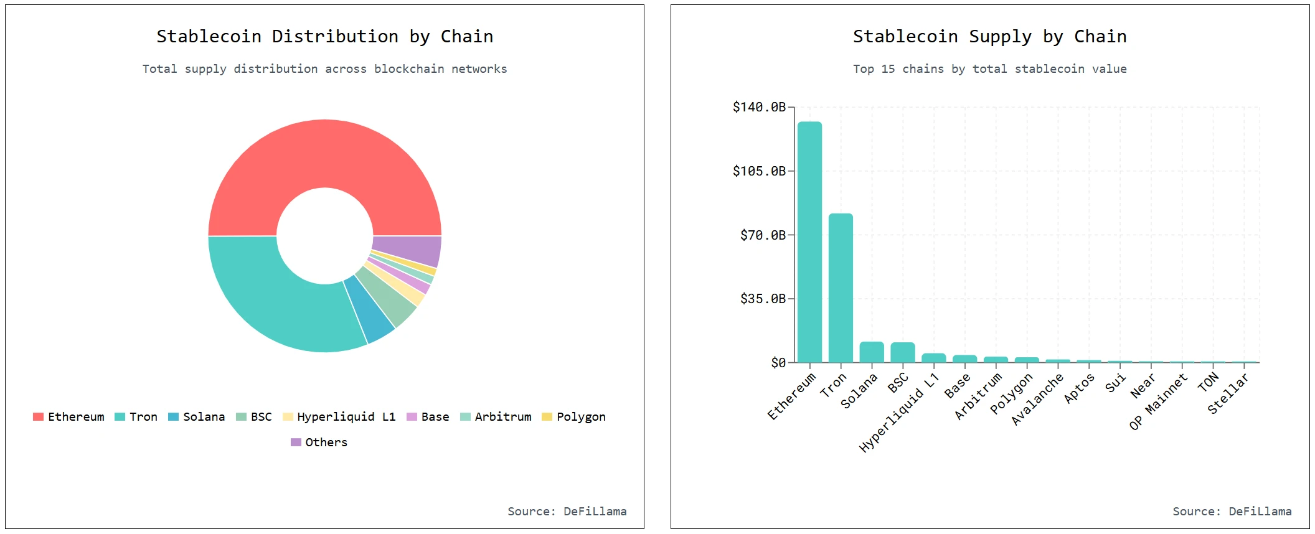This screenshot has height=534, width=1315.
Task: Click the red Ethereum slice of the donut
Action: tap(324, 153)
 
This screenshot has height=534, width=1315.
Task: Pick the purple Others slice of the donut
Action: tap(407, 250)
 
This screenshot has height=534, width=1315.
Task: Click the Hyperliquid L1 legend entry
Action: tap(339, 417)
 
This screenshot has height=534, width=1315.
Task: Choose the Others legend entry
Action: tap(319, 443)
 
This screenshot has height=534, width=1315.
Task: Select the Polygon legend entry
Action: tap(573, 417)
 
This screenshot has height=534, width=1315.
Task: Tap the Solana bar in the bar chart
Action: tap(872, 352)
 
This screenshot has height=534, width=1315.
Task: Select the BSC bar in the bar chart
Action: tap(903, 352)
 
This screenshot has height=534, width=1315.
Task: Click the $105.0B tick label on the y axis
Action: tap(759, 171)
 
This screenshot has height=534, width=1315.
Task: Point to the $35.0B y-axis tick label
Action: tap(763, 299)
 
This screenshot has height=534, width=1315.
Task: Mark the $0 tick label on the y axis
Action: tap(778, 363)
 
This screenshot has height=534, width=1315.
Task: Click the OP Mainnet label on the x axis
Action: tap(1158, 403)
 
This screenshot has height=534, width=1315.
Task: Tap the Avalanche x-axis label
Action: tap(1037, 400)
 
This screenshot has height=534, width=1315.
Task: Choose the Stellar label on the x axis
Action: tap(1227, 394)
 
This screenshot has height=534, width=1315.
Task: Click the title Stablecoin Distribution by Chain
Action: tap(324, 37)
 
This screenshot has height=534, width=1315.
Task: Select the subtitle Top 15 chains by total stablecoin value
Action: tap(989, 69)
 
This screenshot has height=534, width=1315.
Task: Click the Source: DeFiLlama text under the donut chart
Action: tap(567, 512)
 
